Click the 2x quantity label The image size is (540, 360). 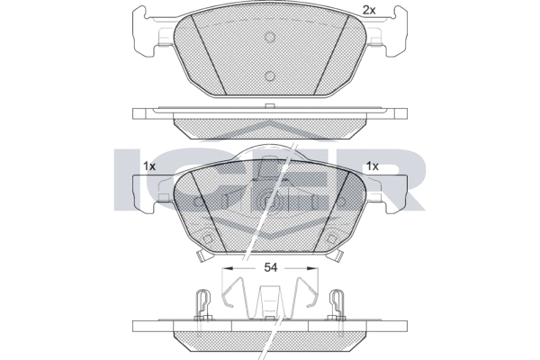369,10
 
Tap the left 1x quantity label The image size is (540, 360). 149,166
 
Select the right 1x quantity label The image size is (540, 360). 373,166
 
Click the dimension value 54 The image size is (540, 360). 270,267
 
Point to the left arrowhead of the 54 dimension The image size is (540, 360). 228,267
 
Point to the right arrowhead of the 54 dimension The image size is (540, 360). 312,267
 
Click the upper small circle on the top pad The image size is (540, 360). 270,37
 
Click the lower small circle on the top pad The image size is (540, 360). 270,76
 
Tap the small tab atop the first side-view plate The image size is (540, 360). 270,106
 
